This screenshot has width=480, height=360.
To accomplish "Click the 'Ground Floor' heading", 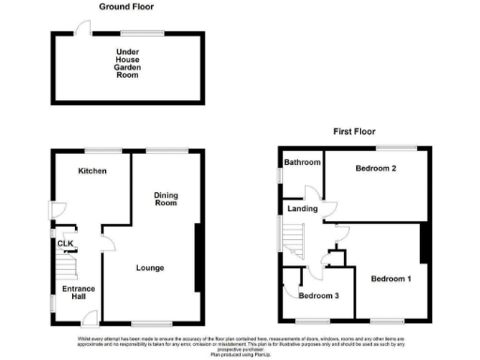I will pyautogui.click(x=127, y=7).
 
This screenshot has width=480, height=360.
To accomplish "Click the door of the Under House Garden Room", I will pyautogui.click(x=83, y=29).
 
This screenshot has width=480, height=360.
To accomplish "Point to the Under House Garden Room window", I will pyautogui.click(x=141, y=32).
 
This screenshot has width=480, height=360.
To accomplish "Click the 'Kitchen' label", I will pyautogui.click(x=92, y=172).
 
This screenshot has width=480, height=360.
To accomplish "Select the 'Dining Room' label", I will pyautogui.click(x=166, y=199).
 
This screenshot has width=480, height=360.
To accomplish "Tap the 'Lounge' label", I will pyautogui.click(x=149, y=268).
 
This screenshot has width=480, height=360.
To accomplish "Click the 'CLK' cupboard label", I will pyautogui.click(x=65, y=245).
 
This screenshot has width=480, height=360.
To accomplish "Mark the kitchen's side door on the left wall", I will pyautogui.click(x=53, y=211).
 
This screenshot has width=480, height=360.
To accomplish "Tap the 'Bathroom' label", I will pyautogui.click(x=303, y=162).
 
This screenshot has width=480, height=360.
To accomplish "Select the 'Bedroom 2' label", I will pyautogui.click(x=377, y=169).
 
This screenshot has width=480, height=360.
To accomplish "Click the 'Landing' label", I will pyautogui.click(x=302, y=209).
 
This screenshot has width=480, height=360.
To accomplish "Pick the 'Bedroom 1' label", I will pyautogui.click(x=390, y=279).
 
